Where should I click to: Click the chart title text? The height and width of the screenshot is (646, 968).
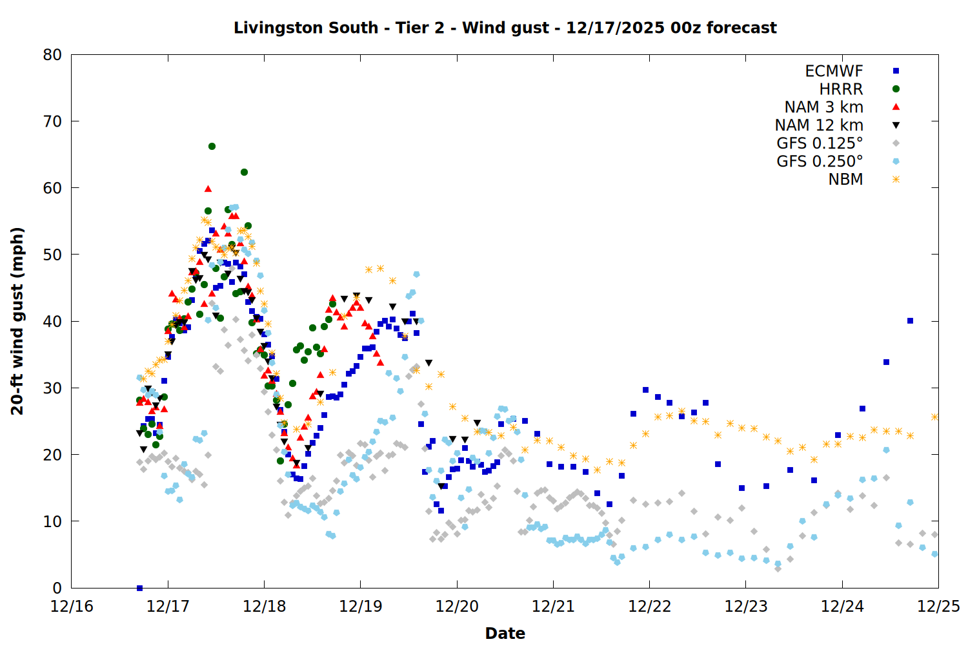(505, 28)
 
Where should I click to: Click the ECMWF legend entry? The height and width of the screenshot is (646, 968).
(834, 71)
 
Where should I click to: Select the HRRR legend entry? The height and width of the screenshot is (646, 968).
(841, 89)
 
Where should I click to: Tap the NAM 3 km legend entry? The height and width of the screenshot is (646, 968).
(823, 107)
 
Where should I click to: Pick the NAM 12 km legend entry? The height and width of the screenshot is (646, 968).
(819, 125)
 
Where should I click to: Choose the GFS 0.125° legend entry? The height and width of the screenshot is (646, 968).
(820, 143)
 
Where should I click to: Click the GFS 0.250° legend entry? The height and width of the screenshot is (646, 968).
(820, 161)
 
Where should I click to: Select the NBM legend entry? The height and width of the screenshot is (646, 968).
(845, 180)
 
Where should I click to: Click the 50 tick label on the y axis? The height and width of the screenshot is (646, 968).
(52, 255)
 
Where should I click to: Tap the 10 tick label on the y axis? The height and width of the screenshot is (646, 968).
(52, 521)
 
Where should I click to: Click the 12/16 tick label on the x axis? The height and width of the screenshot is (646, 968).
(72, 607)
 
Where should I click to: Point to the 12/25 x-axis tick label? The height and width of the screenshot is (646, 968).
(938, 607)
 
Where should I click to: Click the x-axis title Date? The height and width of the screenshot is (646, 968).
(505, 633)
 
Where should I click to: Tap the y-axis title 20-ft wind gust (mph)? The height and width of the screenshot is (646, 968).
(17, 321)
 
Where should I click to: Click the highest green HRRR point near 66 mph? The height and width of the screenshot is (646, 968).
(212, 146)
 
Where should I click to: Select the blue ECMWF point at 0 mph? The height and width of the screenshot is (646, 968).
(139, 588)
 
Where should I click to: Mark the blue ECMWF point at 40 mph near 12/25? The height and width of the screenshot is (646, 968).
(910, 320)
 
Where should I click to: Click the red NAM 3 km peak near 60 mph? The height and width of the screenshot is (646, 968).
(208, 189)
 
